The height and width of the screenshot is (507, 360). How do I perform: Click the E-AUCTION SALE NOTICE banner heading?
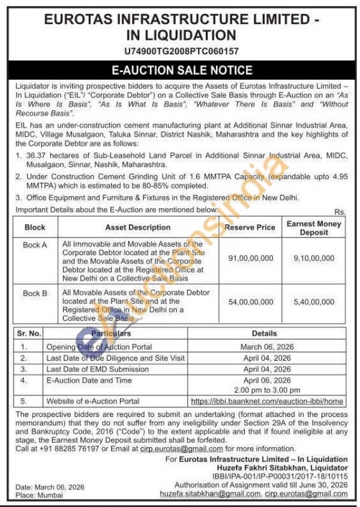[x=179, y=70]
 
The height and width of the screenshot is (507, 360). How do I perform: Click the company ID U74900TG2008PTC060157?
[x=179, y=52]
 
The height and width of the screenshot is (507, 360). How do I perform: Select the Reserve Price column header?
[x=250, y=227]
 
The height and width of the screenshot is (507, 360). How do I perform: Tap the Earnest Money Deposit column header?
[x=314, y=227]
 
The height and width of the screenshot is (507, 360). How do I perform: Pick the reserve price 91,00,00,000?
[x=250, y=257]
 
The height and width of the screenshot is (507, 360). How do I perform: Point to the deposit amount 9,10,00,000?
[x=314, y=257]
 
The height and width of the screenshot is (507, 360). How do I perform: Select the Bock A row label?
[x=35, y=245]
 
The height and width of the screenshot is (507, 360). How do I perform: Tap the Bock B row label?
[x=35, y=293]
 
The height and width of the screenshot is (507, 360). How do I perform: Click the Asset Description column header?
[x=137, y=227]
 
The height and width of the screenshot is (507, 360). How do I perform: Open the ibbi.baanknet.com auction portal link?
[x=267, y=401]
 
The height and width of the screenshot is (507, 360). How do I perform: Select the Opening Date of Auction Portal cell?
[x=100, y=347]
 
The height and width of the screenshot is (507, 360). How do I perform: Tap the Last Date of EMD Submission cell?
[x=89, y=369]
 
